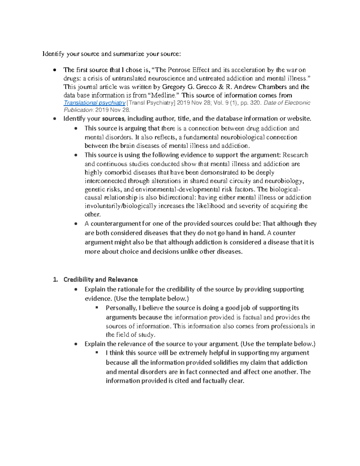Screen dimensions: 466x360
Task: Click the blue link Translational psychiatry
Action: click(94, 103)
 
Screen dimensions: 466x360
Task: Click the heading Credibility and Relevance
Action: click(100, 280)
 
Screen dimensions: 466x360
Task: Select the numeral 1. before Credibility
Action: click(55, 280)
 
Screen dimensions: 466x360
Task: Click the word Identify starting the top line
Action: click(53, 54)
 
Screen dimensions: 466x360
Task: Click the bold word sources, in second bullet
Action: click(113, 119)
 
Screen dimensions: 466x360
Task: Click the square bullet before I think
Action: click(97, 353)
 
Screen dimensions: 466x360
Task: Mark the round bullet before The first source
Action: click(54, 70)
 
